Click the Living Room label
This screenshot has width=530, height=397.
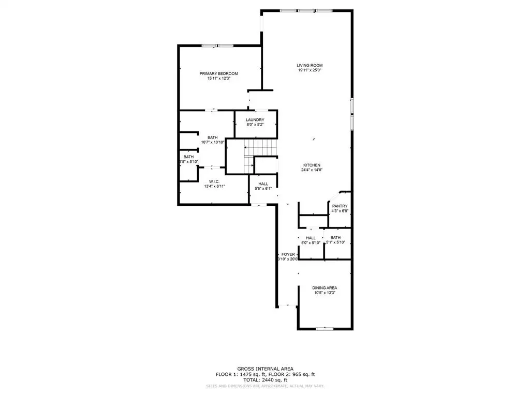[310, 65]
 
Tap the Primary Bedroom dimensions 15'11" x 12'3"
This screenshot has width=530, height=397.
[218, 79]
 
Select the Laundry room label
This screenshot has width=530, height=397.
[255, 120]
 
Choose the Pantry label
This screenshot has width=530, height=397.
[340, 206]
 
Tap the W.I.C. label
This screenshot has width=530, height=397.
[214, 181]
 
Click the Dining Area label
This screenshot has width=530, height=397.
[325, 287]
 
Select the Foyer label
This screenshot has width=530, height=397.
[288, 254]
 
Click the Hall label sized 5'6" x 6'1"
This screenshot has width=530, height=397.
[263, 184]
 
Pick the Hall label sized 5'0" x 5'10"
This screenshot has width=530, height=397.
[311, 238]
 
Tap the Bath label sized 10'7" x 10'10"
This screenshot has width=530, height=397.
[212, 138]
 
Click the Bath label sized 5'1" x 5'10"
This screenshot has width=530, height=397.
[336, 238]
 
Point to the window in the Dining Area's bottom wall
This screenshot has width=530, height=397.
[325, 329]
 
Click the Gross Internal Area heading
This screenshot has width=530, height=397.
[265, 369]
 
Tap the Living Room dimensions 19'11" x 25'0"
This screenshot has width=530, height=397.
[310, 70]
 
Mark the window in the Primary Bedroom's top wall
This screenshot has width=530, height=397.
[217, 45]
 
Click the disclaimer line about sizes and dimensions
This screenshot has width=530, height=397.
[265, 385]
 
